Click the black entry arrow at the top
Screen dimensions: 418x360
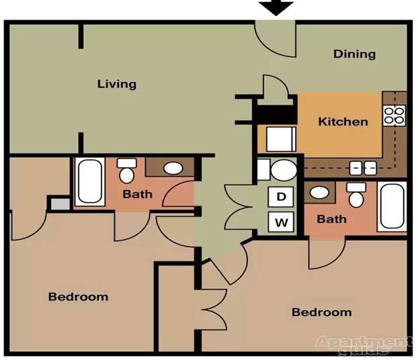[x=276, y=8]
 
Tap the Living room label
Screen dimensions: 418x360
[x=117, y=84]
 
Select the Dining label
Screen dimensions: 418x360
[x=354, y=54]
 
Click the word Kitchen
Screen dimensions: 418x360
[x=343, y=122]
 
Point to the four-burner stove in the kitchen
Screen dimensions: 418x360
[x=394, y=116]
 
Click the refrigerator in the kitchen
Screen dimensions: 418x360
[x=282, y=139]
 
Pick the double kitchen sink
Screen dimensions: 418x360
[x=363, y=168]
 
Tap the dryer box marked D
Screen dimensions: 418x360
[x=281, y=197]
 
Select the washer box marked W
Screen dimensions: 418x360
[x=281, y=222]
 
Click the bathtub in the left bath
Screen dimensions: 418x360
[x=90, y=181]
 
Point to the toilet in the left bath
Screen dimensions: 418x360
[x=126, y=171]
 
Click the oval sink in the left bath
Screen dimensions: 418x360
[x=173, y=168]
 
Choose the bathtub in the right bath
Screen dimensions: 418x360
[x=392, y=206]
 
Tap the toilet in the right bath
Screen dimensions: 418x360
[x=356, y=195]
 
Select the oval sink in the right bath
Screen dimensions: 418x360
[x=319, y=192]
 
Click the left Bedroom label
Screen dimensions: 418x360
[x=78, y=297]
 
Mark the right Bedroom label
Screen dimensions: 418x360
[x=321, y=312]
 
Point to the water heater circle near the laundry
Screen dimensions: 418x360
[x=284, y=171]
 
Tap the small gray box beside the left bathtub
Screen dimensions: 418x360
[x=60, y=204]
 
